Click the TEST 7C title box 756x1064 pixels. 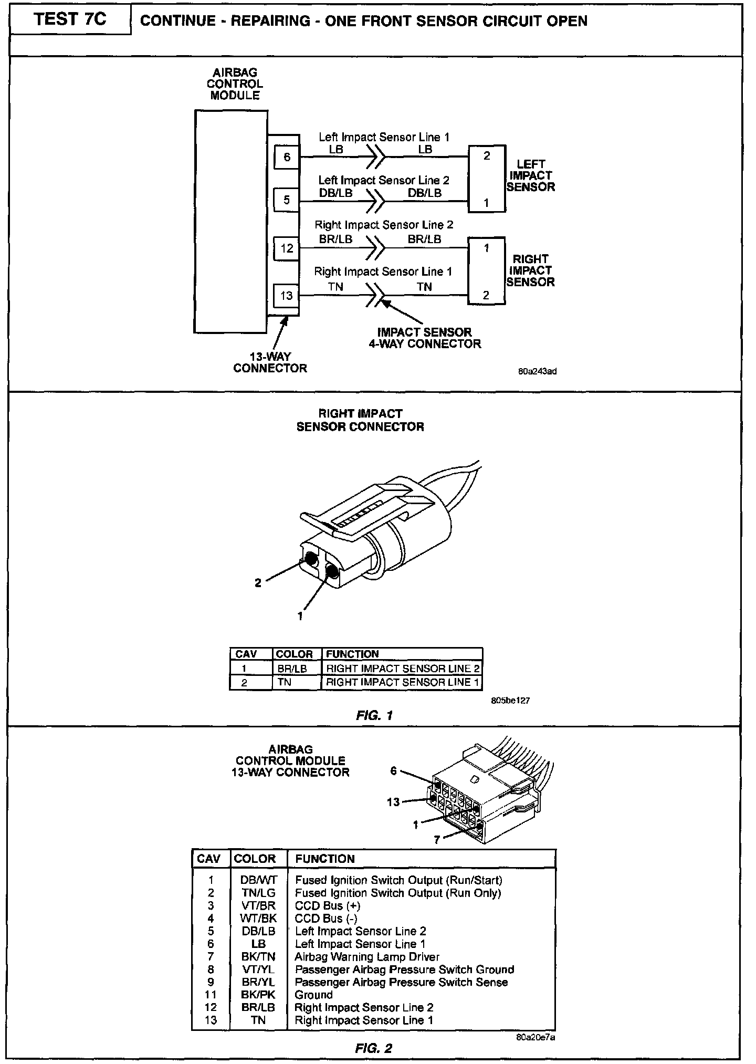[70, 20]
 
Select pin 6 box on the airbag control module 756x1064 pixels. [287, 157]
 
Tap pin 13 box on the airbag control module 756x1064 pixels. [287, 296]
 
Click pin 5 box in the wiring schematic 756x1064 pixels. [287, 200]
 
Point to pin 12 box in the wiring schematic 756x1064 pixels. [287, 248]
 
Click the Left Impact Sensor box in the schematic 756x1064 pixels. [487, 179]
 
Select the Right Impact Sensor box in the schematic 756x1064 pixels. [486, 271]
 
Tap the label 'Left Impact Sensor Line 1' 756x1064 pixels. [384, 138]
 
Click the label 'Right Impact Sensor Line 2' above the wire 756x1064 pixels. [384, 225]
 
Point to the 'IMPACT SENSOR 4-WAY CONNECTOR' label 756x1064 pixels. [428, 338]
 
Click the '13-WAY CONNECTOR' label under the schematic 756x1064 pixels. [270, 362]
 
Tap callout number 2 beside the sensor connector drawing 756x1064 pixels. [258, 583]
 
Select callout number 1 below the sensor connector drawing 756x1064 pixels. [300, 617]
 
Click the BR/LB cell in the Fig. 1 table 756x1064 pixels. [292, 669]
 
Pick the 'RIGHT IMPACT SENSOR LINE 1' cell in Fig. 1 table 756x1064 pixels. [402, 682]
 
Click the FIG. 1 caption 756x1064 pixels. [374, 715]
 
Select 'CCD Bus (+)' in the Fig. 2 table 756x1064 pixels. [328, 906]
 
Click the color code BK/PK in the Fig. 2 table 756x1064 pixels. [258, 995]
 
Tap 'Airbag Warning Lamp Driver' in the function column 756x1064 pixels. [367, 957]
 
